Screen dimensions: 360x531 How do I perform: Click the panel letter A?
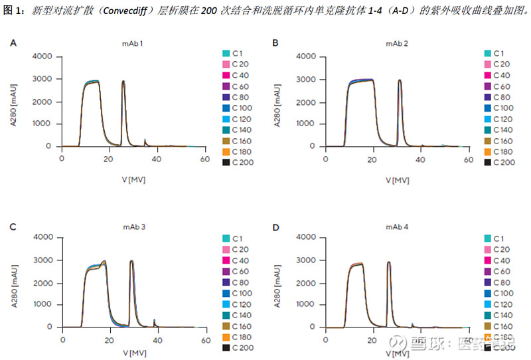coord(13,43)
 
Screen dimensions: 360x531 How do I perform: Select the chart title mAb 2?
coord(397,43)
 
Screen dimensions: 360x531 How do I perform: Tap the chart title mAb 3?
coord(134,227)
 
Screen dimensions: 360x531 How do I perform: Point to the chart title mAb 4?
coord(397,227)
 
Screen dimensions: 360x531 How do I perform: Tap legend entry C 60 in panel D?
coord(501,271)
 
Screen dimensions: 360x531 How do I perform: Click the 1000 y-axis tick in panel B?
coord(305,124)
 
